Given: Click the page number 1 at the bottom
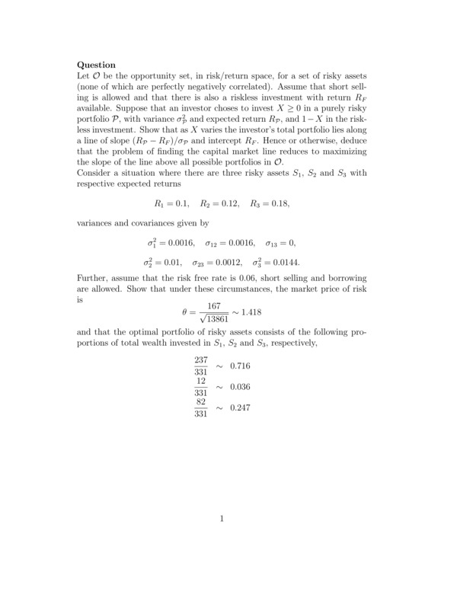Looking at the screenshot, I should coord(221,519).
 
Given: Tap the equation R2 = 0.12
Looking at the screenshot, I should coord(219,203).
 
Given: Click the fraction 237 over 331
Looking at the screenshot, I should coord(201,366).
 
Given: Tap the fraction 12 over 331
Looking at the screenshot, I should coord(201,386).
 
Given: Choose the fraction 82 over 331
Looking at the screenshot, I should coord(201,407).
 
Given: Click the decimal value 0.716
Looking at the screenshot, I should coord(240,366).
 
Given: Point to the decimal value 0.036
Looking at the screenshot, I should coord(240,387).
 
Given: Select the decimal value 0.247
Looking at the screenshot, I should coord(240,408).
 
